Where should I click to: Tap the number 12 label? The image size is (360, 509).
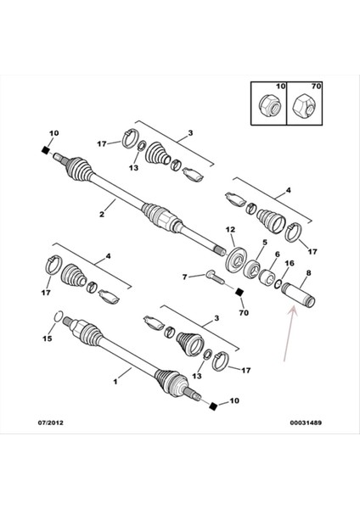pos(230,231)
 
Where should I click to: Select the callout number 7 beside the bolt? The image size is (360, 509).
pos(185,277)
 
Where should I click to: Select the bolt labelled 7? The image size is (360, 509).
pos(209,276)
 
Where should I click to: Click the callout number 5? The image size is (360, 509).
pos(264,242)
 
